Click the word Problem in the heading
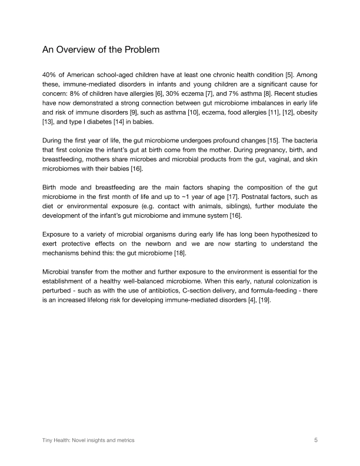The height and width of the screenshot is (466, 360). tap(138, 50)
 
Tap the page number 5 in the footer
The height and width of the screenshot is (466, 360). tap(316, 440)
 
